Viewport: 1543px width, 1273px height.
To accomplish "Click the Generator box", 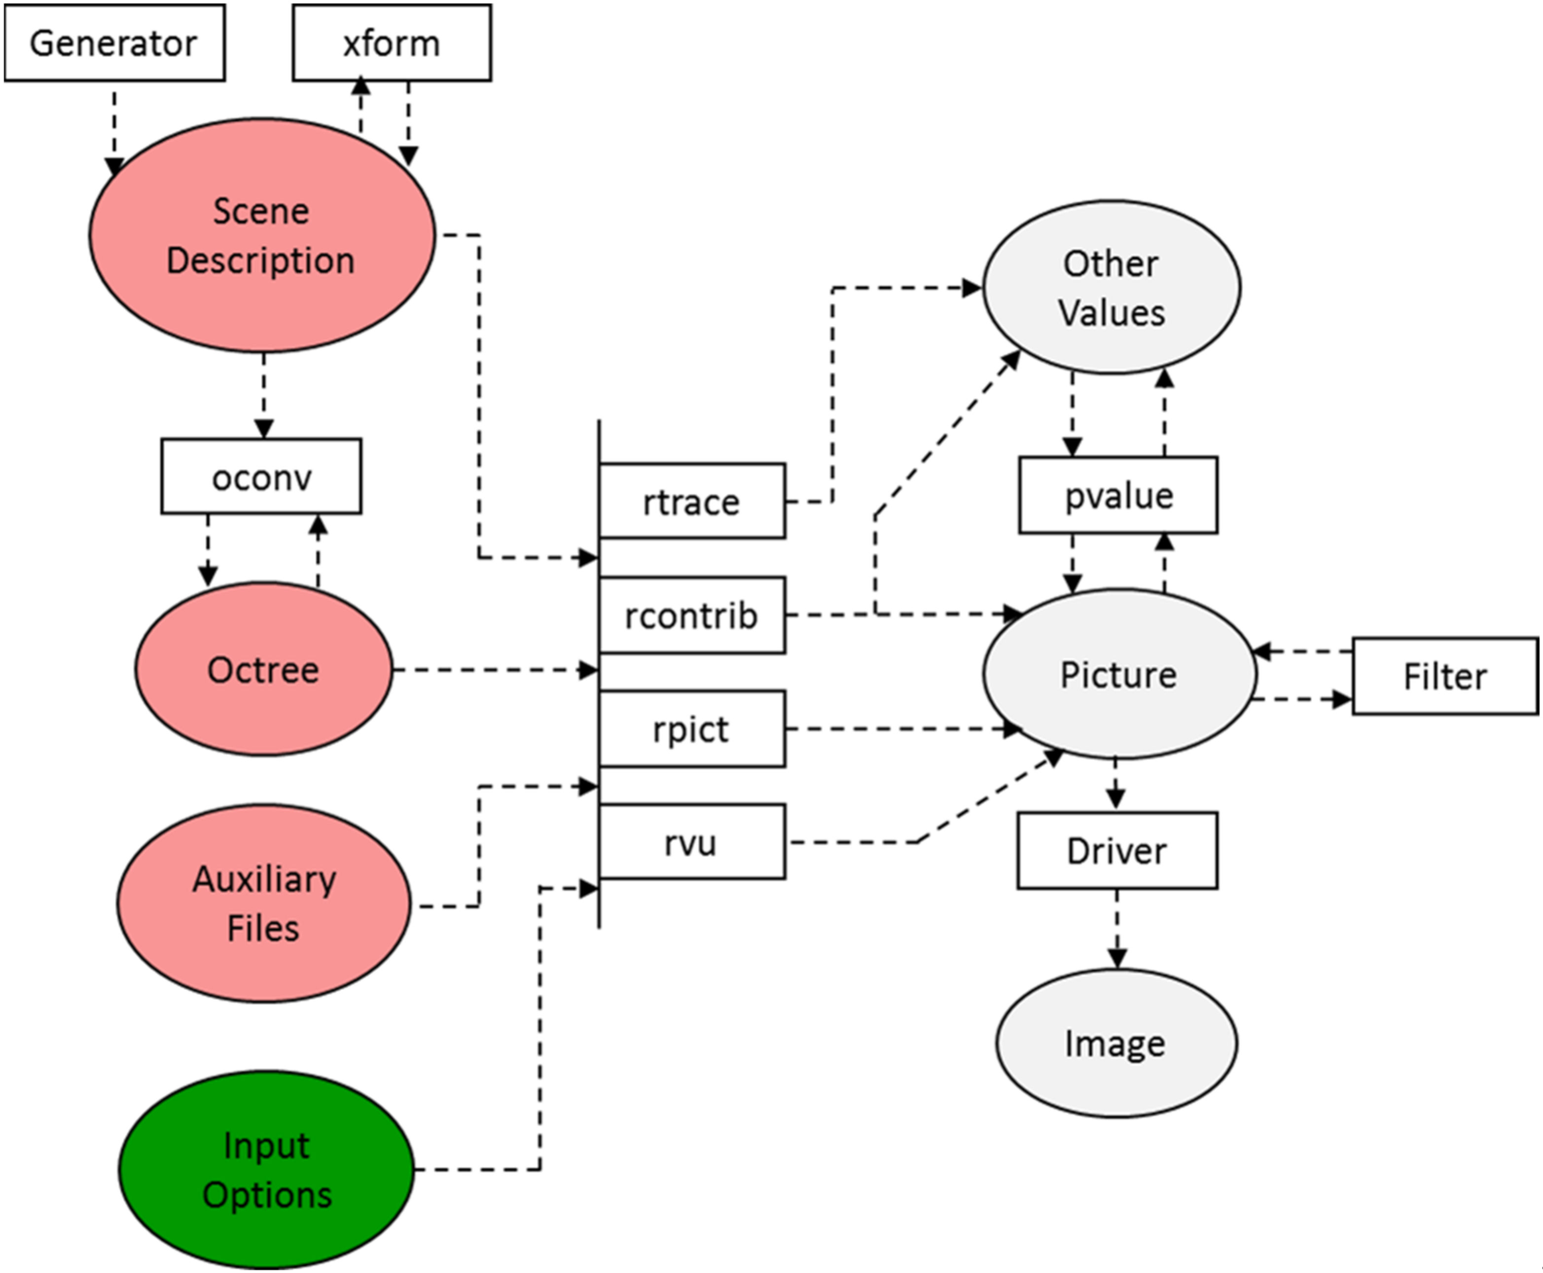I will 114,42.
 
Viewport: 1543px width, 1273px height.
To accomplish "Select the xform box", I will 392,42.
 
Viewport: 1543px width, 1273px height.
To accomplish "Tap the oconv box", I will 261,476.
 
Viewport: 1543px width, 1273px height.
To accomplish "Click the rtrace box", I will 691,502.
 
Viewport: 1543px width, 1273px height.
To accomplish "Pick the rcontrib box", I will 691,615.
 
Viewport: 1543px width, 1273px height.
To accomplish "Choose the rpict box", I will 691,729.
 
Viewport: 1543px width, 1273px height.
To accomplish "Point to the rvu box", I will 691,842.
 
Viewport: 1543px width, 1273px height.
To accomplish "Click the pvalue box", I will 1118,495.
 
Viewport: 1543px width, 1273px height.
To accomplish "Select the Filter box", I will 1444,675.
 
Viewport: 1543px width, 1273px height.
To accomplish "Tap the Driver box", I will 1116,851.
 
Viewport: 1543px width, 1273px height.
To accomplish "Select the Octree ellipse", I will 263,669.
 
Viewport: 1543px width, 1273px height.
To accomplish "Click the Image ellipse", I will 1115,1043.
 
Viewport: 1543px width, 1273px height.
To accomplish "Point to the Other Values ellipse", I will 1111,288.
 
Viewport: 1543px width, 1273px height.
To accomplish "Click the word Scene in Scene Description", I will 261,211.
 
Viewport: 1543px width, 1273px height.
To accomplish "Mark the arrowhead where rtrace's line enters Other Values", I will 972,288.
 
